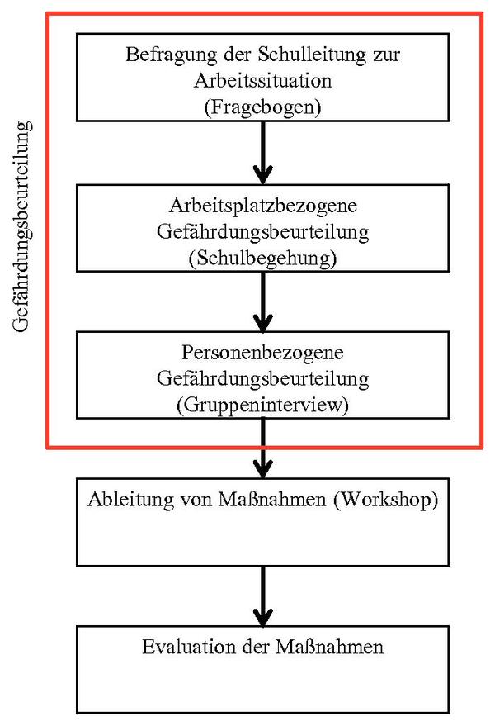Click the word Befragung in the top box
(x=171, y=55)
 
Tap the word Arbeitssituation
(x=263, y=81)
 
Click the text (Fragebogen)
(x=263, y=107)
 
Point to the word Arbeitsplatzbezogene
(x=263, y=206)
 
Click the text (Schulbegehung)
(x=263, y=259)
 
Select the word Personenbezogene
(x=262, y=354)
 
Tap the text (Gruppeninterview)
(x=263, y=406)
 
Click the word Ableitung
(x=131, y=500)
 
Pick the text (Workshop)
(x=386, y=500)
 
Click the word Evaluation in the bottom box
(x=189, y=647)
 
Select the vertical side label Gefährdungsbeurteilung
(x=22, y=226)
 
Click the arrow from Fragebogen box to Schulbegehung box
(x=263, y=153)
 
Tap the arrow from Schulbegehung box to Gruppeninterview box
(x=263, y=301)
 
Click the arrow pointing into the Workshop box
(x=263, y=448)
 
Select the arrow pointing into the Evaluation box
(x=263, y=596)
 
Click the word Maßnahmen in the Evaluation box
(x=330, y=647)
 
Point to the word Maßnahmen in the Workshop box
(x=272, y=500)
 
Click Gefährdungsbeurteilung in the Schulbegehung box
(x=263, y=232)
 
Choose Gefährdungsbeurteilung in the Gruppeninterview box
(x=263, y=379)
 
